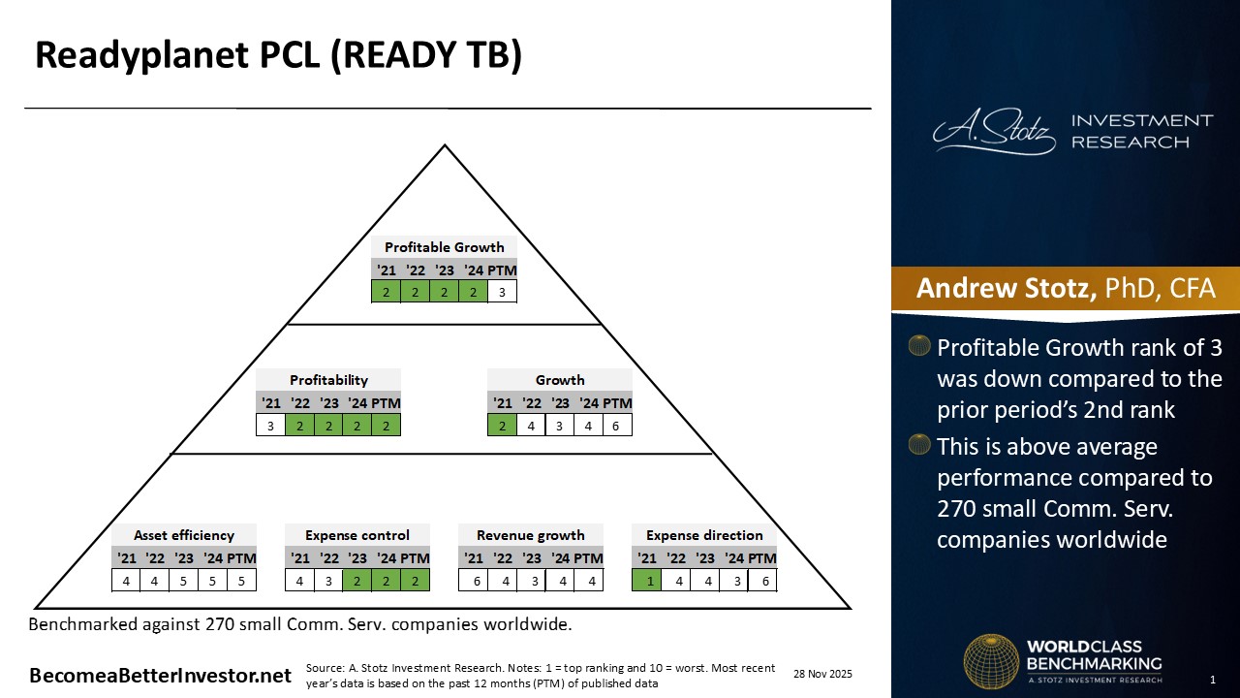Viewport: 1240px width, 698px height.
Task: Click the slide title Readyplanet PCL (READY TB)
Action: [x=278, y=56]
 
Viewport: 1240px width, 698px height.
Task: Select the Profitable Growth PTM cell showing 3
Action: [x=502, y=291]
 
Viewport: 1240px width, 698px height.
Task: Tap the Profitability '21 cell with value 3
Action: [x=270, y=425]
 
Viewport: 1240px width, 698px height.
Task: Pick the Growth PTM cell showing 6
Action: [x=617, y=425]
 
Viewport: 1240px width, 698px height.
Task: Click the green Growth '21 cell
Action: [x=502, y=425]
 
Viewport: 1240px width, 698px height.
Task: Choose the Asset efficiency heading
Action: [x=184, y=535]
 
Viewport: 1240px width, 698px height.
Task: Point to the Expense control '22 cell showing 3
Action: [x=329, y=580]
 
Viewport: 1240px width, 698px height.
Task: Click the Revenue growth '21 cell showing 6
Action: [x=473, y=580]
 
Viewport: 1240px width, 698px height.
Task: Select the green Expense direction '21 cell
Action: [x=646, y=580]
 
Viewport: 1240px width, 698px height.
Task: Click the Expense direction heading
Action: [x=704, y=535]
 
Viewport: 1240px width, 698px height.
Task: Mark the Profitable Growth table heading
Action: [x=444, y=247]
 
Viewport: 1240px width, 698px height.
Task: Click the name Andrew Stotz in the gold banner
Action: [x=1006, y=289]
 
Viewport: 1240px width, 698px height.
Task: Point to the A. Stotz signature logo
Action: [x=994, y=133]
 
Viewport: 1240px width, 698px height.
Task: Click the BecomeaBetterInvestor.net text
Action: [x=160, y=676]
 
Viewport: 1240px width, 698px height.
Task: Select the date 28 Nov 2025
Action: [x=822, y=674]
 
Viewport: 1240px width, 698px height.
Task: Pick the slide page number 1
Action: [x=1213, y=680]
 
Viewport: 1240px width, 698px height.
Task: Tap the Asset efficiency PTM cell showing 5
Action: [x=241, y=580]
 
